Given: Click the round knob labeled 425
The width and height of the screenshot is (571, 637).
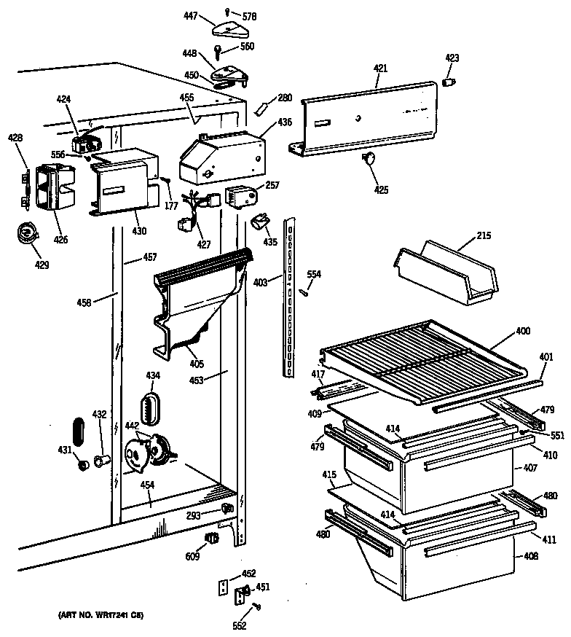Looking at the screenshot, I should [370, 159].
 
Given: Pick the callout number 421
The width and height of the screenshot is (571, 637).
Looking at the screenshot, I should [380, 68].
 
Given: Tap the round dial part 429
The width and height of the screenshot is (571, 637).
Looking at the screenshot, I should [28, 232].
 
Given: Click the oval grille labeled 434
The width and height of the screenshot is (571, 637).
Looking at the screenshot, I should [151, 405].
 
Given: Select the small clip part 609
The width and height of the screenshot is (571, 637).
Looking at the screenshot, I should [212, 539].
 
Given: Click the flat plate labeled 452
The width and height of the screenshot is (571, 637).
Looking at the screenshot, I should [224, 585].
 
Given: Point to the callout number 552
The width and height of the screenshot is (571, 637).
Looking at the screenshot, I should [240, 625].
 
